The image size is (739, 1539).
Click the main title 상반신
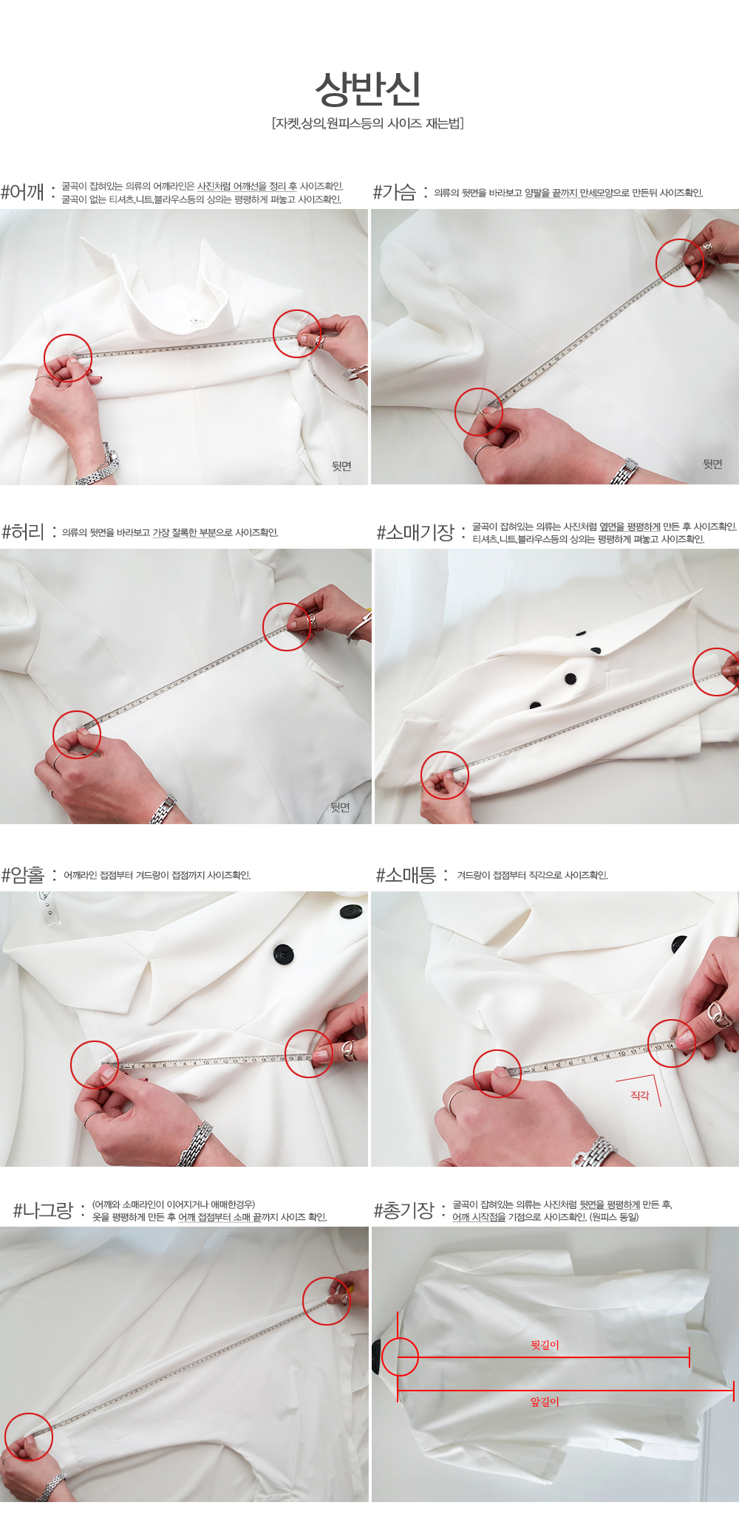tap(368, 89)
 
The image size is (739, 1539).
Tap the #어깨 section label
tap(23, 192)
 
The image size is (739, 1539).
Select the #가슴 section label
tap(395, 193)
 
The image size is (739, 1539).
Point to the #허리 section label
tap(23, 532)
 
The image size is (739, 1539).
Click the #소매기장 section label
tap(415, 532)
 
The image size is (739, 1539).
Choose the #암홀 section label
tap(23, 875)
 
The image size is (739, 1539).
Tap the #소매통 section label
tap(406, 875)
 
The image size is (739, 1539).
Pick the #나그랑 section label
tap(43, 1210)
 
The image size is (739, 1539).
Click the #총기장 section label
tap(403, 1210)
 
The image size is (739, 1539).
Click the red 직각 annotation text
tap(640, 1095)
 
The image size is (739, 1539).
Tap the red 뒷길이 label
tap(545, 1345)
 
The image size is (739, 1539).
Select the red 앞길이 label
tap(545, 1402)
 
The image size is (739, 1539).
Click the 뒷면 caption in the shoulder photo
tap(341, 466)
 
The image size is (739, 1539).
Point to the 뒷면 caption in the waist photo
tap(340, 807)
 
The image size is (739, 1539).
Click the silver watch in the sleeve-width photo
tap(596, 1153)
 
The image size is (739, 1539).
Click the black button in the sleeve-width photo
tap(678, 944)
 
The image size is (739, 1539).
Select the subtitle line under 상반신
tap(368, 123)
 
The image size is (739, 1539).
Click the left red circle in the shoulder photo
tap(68, 357)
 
